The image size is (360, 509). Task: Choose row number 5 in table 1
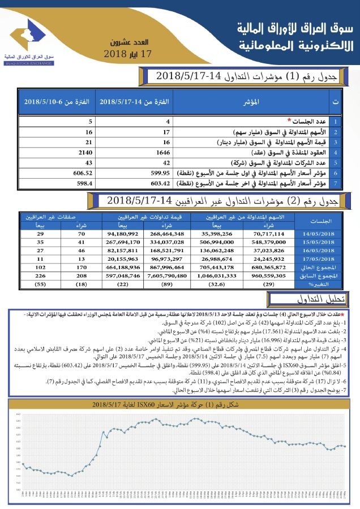336,163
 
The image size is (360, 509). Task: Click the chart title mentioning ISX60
179,404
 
